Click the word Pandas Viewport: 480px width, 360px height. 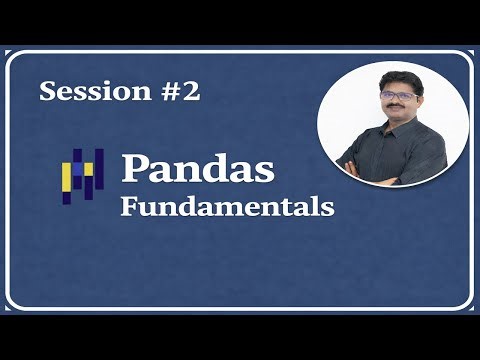click(x=197, y=168)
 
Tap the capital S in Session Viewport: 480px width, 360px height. click(x=48, y=92)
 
